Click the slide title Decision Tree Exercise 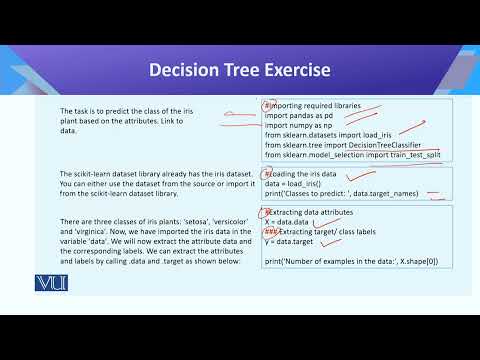[x=239, y=70]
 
